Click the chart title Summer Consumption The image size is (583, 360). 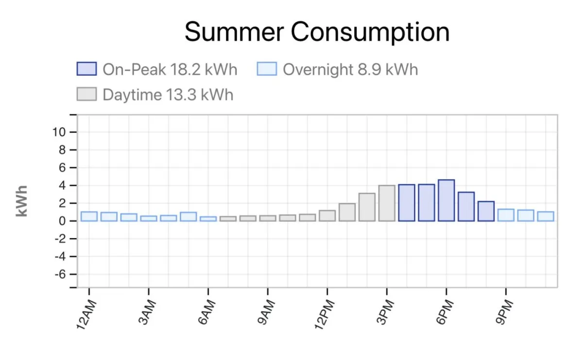pos(317,32)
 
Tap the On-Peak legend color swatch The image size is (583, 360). pos(87,69)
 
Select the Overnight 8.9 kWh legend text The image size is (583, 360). pos(350,69)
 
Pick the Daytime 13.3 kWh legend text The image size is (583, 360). pos(168,94)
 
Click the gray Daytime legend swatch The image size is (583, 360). pos(87,94)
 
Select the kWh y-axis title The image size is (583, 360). pos(22,201)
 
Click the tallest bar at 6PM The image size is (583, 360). pos(446,201)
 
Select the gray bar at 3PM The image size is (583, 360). pos(387,203)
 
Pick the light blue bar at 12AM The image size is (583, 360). pos(89,216)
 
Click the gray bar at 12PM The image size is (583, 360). pos(327,216)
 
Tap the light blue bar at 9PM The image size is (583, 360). pos(506,215)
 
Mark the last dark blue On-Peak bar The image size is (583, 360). pos(486,211)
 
